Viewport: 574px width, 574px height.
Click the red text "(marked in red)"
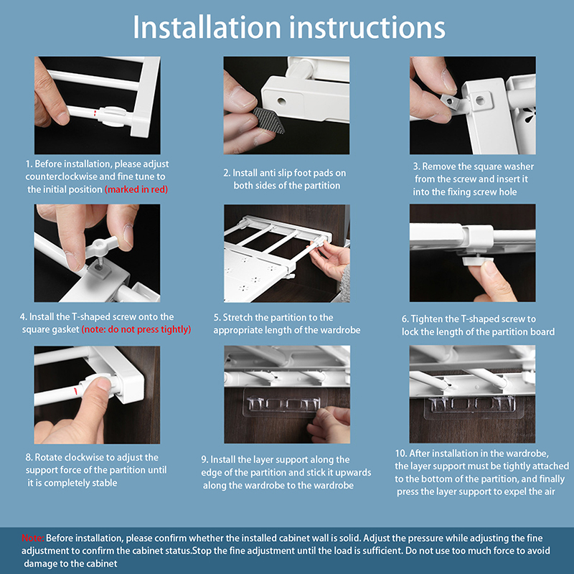point(136,189)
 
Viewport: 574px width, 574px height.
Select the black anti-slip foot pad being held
point(269,120)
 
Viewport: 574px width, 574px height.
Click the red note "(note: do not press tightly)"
point(136,329)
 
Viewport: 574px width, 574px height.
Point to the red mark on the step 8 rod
point(75,390)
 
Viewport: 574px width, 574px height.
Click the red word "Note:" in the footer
point(32,538)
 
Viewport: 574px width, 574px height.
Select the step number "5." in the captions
point(217,318)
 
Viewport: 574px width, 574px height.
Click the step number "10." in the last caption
point(400,453)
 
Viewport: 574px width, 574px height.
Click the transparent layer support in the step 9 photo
point(284,403)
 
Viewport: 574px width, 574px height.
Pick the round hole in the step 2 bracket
point(281,100)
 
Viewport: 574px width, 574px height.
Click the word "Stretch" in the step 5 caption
point(238,318)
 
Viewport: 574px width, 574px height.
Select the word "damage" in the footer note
point(42,564)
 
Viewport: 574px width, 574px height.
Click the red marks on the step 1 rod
point(95,113)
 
